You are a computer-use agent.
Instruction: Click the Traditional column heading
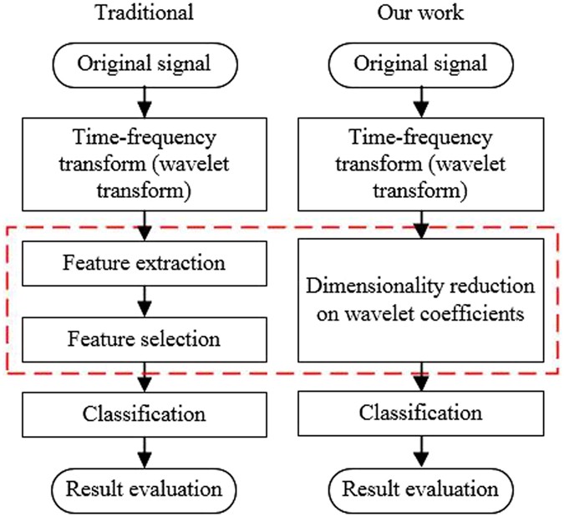click(x=145, y=13)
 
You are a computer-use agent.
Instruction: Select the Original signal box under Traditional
click(x=145, y=62)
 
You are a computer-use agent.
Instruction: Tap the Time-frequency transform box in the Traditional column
click(x=145, y=163)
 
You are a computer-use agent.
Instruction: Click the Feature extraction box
click(x=145, y=262)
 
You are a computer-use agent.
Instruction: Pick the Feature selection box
click(x=145, y=339)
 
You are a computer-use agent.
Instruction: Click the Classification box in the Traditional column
click(x=145, y=413)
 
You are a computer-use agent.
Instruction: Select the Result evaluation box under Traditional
click(x=145, y=489)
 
